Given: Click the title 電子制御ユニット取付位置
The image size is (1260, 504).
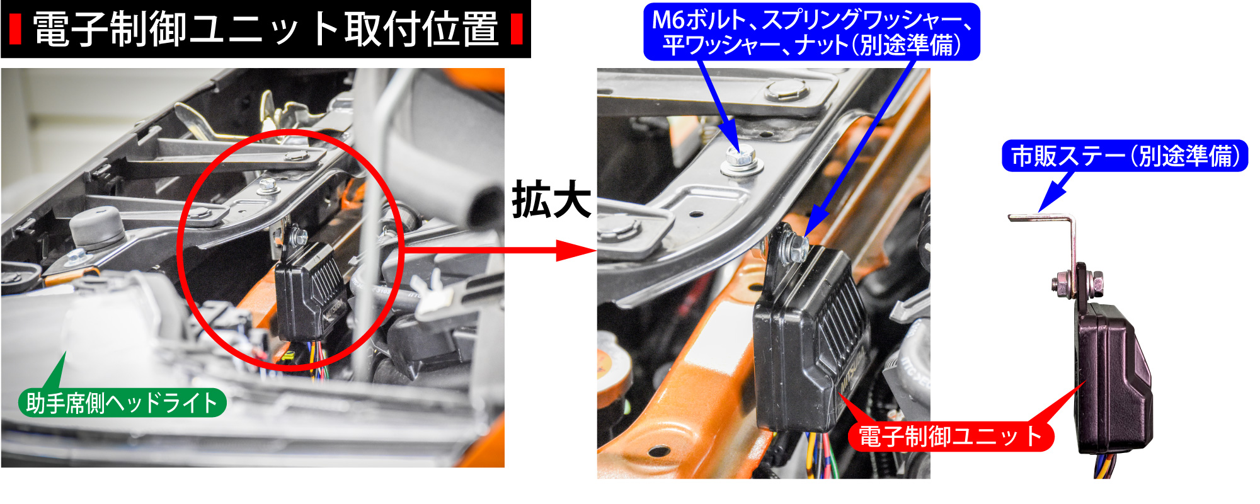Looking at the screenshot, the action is tap(265, 30).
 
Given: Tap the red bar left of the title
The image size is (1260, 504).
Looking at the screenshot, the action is tap(16, 30).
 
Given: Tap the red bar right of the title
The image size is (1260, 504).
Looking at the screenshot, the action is tap(517, 30).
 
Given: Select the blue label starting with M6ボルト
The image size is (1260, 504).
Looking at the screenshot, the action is tap(811, 31).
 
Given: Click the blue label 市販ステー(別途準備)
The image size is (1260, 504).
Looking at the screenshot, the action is tap(1125, 156).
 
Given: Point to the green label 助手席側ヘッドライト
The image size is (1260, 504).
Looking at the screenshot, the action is tap(122, 403).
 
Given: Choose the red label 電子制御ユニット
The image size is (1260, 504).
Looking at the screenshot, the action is tap(951, 437).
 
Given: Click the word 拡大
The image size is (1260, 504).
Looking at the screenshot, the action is tap(551, 200).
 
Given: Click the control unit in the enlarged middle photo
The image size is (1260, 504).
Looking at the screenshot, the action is tap(813, 334).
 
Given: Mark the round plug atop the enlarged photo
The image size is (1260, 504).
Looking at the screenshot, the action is tap(787, 90).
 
